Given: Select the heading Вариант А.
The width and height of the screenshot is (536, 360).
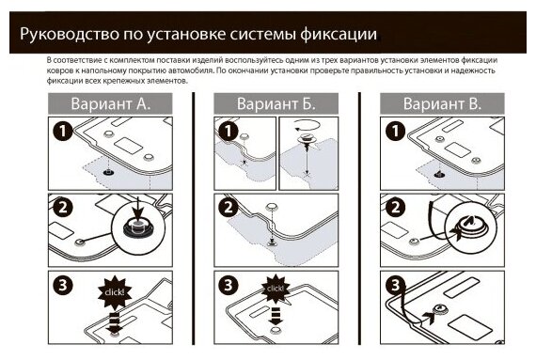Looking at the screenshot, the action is [x=110, y=103].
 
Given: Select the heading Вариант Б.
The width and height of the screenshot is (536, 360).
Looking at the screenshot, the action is [x=276, y=103].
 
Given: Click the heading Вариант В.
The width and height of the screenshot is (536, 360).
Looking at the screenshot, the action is [x=442, y=103].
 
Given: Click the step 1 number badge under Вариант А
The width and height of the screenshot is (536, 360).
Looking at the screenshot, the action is [x=63, y=131].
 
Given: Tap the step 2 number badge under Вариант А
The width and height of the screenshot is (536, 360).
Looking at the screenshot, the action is [x=63, y=208].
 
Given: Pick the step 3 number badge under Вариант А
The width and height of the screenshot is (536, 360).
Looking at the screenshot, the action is [x=63, y=285].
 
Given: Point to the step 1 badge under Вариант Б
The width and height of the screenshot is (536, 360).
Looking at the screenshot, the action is [x=229, y=131].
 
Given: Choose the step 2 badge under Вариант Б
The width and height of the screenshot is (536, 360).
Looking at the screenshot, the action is [x=229, y=208].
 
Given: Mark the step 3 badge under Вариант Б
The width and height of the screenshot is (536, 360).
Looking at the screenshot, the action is [x=229, y=285].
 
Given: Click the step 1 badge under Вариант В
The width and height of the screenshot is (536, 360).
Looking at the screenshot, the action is [x=395, y=131].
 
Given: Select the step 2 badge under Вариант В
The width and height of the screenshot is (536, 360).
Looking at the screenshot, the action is [x=395, y=208].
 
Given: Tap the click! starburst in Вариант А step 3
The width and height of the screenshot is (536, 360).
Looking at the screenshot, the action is [x=115, y=292].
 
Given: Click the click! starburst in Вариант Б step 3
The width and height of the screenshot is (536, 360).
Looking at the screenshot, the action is [x=276, y=289].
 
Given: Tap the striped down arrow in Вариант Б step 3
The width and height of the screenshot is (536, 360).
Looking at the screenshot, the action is [x=276, y=316].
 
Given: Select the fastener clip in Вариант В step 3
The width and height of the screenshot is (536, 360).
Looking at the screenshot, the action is [x=438, y=310].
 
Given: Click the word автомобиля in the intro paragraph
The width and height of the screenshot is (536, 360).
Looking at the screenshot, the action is [x=194, y=70].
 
